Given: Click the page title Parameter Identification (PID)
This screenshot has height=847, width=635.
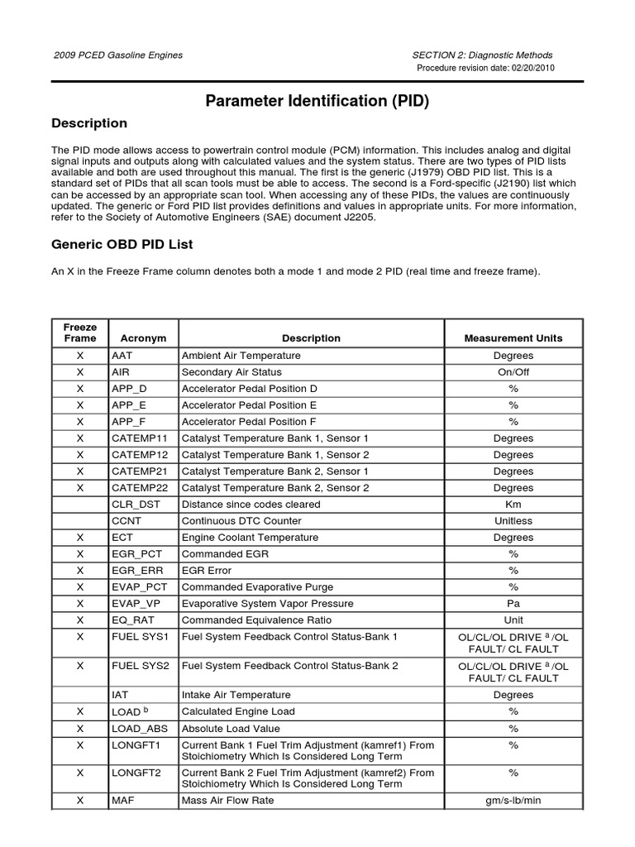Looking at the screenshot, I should point(317,102).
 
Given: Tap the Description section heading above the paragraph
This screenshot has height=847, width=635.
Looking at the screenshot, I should point(89,123).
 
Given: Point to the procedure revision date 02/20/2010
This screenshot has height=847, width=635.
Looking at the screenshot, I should point(485,68).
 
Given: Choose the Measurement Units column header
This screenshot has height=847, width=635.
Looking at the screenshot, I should point(513,337).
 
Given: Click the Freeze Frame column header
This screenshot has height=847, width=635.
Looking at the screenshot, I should point(80,332).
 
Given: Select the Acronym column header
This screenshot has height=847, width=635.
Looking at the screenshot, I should point(143,337).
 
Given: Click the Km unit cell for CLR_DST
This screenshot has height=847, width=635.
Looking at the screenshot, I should point(513,504).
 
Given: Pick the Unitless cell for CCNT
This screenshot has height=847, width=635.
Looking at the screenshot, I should point(513,521).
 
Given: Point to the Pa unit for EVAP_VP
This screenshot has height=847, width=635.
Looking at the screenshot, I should point(513,603).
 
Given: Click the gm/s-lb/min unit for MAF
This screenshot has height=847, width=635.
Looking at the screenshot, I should point(513,800).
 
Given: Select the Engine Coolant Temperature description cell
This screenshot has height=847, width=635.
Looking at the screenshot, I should point(250,537).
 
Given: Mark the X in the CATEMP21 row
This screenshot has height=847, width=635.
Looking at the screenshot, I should point(80,471).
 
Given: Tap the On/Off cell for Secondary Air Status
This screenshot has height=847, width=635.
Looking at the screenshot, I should point(513,372).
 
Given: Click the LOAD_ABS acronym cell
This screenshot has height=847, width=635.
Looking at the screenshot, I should point(139,729).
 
